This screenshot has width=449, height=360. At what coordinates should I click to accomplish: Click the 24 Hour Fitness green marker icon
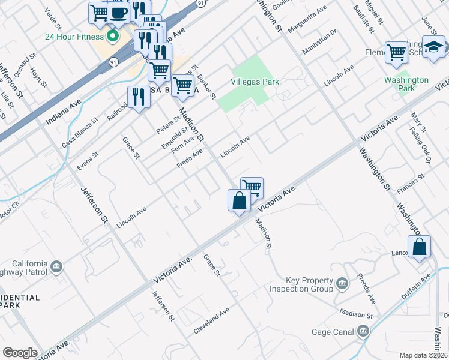click(x=112, y=36)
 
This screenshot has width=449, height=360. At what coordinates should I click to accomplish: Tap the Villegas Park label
click(x=252, y=81)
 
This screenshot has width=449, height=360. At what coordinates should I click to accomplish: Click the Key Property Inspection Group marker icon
click(x=342, y=283)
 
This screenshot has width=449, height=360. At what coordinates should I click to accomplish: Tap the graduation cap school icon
click(x=433, y=47)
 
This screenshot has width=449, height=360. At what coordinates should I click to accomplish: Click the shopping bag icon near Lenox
click(x=420, y=247)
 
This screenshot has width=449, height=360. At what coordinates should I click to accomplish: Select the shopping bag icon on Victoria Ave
click(x=239, y=200)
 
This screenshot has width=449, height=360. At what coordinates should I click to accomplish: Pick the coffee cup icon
click(x=119, y=13)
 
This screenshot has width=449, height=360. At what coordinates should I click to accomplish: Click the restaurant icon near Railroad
click(x=138, y=96)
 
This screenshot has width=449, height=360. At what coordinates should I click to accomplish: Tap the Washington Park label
click(x=406, y=84)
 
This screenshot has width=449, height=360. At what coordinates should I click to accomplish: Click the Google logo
click(x=20, y=353)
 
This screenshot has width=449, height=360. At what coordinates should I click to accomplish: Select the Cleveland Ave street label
click(x=211, y=322)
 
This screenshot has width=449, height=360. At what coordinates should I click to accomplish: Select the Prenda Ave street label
click(x=367, y=289)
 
